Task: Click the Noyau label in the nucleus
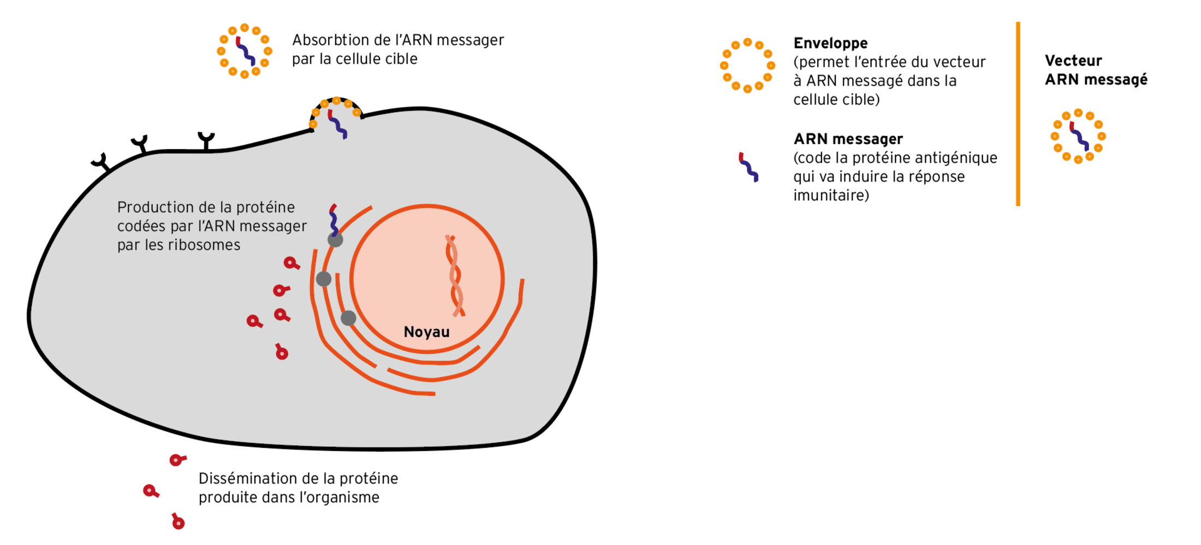426,331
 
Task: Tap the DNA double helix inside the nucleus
454,276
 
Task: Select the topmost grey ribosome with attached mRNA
335,239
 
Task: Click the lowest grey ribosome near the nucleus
348,318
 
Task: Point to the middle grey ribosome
324,279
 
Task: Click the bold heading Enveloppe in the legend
830,43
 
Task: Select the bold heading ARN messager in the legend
848,139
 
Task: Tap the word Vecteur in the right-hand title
1073,61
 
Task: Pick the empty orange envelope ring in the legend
747,66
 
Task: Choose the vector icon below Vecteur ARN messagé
1078,136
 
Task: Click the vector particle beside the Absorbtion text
245,51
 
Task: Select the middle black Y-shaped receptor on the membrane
141,144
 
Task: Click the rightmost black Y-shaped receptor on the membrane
206,140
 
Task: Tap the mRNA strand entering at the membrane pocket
337,125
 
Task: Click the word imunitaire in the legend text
831,196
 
